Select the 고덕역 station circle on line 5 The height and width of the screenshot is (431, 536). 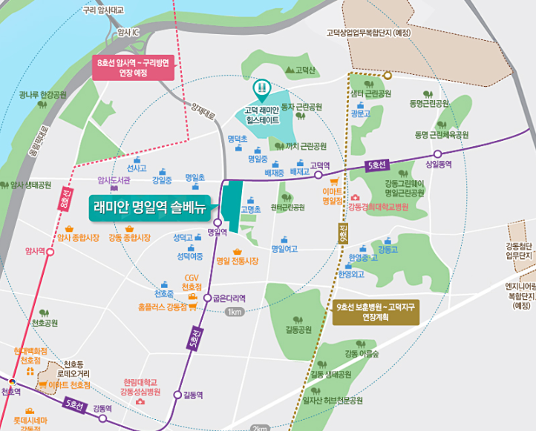coord(318,175)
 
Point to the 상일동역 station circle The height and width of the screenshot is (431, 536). coord(437,154)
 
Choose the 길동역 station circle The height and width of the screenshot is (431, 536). coord(177,395)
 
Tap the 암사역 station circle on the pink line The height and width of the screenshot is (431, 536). coord(50,251)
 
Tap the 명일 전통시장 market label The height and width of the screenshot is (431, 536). coord(237,261)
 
